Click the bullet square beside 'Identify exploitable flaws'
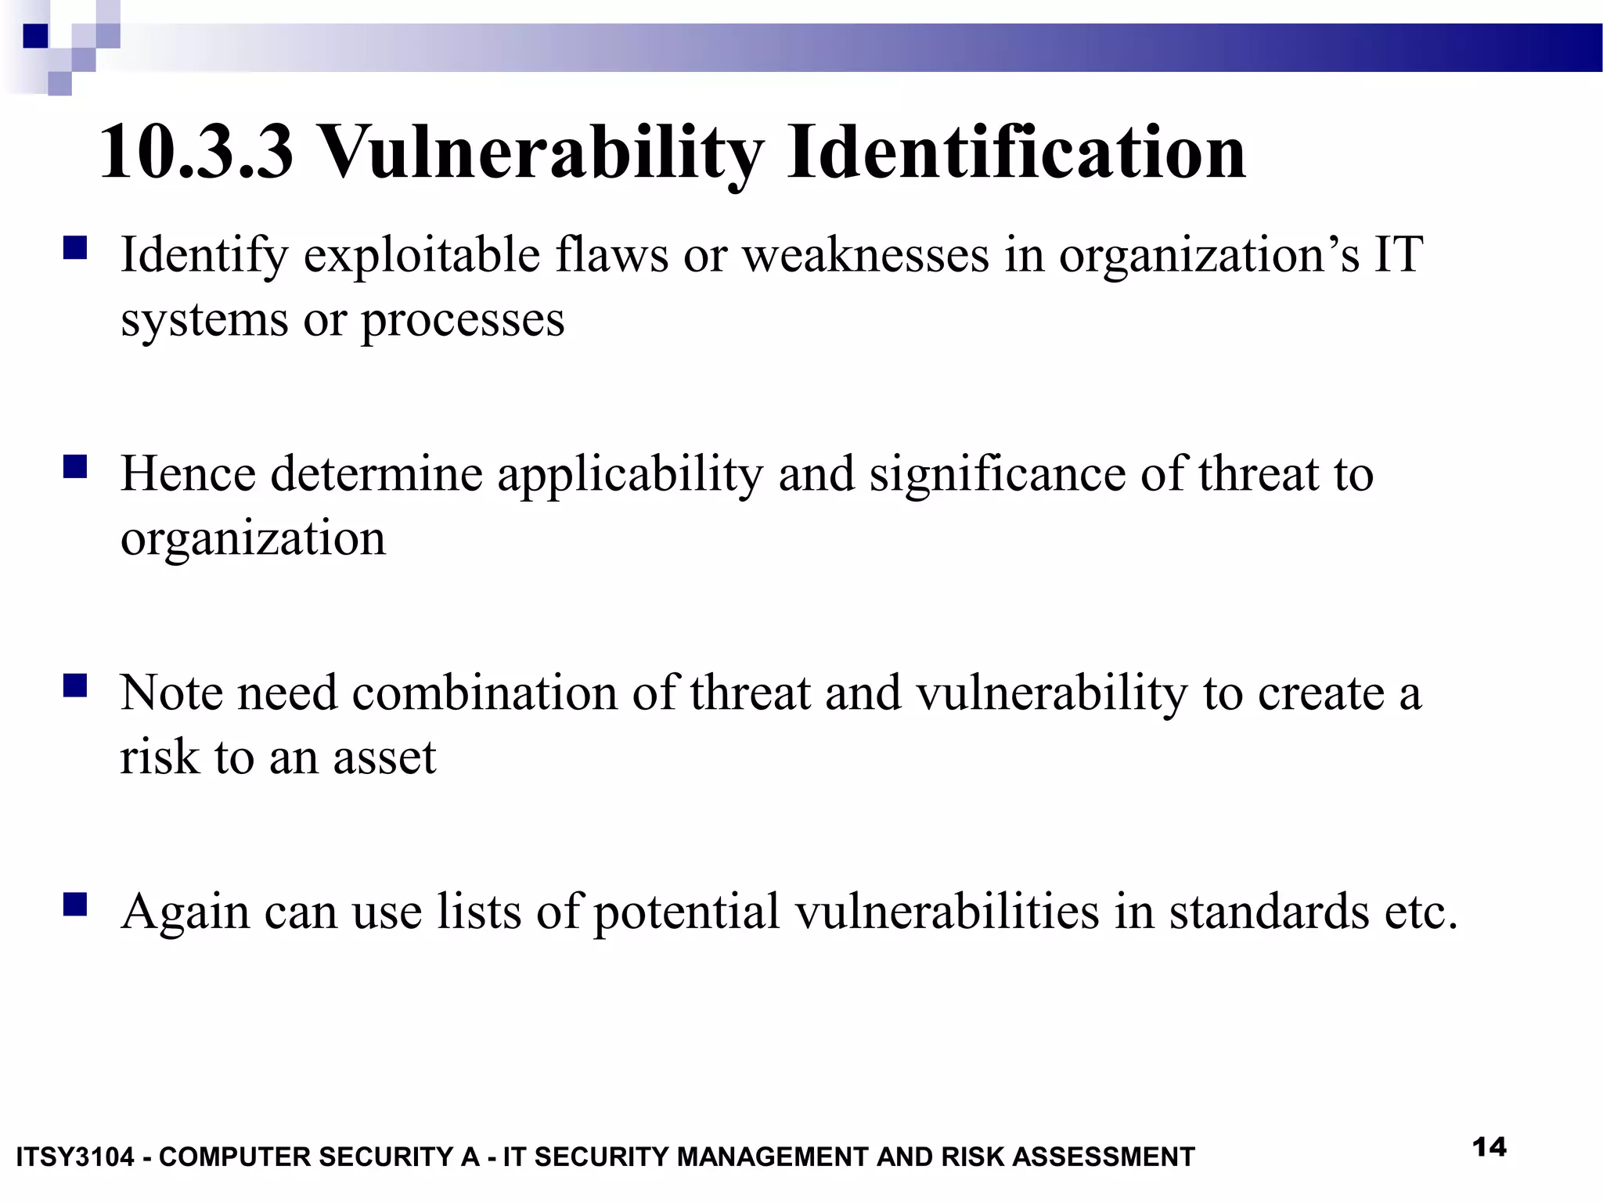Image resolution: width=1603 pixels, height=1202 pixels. [75, 249]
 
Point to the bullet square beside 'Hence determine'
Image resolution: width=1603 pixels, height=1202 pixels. [75, 467]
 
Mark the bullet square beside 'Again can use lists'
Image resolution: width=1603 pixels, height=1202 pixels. [75, 905]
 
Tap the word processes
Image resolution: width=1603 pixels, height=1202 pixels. [462, 321]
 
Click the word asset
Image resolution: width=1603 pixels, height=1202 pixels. [384, 758]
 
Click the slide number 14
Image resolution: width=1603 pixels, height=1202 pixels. [1489, 1147]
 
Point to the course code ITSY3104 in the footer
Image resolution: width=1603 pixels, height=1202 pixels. [75, 1157]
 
